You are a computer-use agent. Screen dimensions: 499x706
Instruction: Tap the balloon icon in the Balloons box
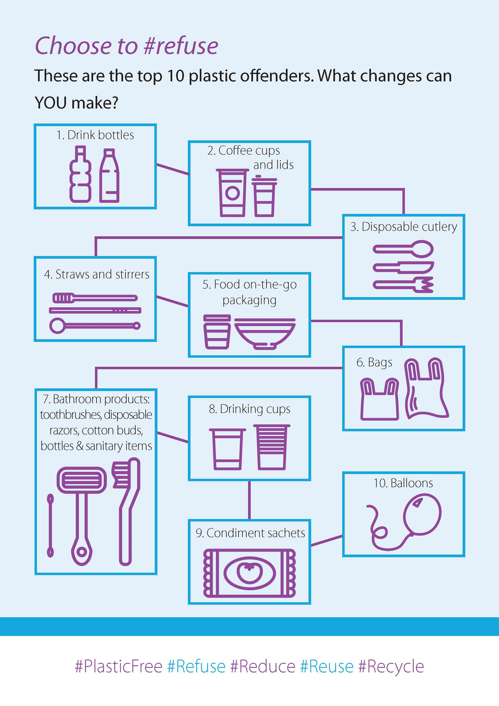[422, 514]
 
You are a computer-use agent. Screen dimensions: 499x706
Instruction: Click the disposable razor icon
[82, 513]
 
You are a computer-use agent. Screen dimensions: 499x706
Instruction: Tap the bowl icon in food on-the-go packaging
[265, 333]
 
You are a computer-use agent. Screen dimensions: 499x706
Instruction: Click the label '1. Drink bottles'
[95, 135]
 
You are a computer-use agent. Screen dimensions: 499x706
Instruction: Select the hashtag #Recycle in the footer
[391, 666]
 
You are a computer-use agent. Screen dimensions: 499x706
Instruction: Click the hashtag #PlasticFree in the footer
[119, 666]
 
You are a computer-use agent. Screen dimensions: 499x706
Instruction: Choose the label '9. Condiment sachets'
[250, 533]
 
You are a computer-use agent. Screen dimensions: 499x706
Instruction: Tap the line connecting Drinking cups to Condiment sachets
[249, 500]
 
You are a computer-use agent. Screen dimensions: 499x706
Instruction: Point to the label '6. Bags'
[374, 362]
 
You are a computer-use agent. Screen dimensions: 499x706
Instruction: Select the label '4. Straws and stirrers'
[96, 274]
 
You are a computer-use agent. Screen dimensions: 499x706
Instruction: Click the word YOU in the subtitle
[50, 103]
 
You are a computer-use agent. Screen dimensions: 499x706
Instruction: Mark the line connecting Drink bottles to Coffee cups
[173, 169]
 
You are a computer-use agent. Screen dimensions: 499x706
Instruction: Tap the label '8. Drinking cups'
[249, 409]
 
